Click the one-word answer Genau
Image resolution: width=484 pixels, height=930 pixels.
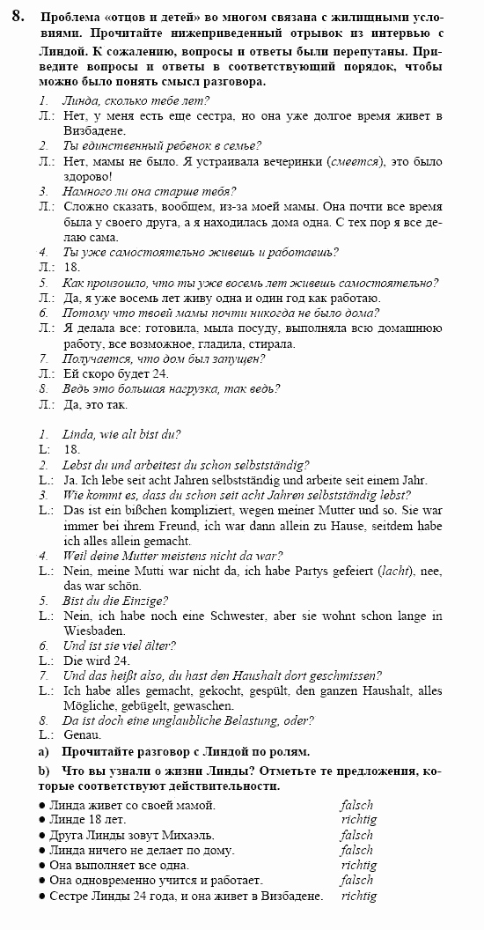coord(83,734)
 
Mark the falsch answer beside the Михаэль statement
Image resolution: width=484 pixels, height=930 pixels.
coord(356,835)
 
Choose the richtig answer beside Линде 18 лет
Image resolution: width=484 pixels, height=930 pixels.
coord(358,820)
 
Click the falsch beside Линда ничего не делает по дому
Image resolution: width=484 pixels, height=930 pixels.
coord(356,850)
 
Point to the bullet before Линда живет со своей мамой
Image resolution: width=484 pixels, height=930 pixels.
coord(43,805)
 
